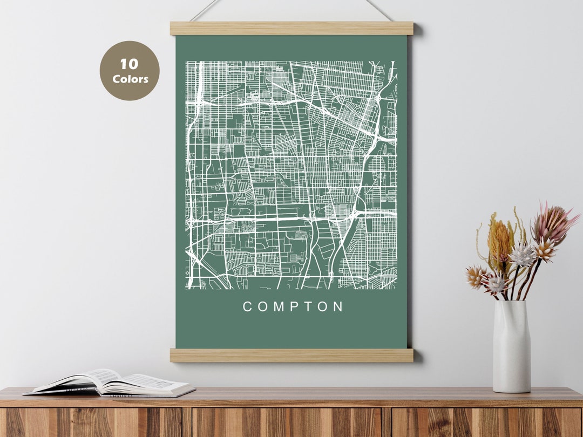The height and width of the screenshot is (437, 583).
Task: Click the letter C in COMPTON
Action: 248,307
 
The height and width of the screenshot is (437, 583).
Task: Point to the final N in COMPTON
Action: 338,307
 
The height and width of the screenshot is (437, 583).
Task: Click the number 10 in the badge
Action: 129,64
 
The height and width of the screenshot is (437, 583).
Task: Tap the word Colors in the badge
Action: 130,79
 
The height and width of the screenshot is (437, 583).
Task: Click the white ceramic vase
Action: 511,348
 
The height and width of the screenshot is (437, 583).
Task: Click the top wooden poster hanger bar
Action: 291,28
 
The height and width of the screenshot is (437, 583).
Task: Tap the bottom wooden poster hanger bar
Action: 291,355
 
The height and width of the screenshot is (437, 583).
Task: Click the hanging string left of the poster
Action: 205,10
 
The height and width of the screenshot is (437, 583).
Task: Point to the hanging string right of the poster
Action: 379,10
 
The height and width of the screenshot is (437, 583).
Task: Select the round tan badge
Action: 130,71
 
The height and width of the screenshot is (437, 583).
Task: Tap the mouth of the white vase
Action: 511,303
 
